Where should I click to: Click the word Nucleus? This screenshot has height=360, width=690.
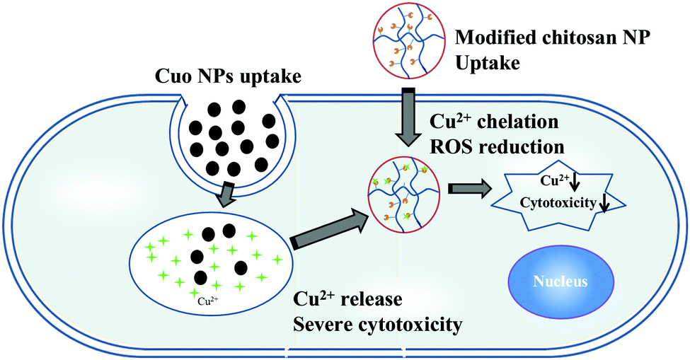[x=560, y=281]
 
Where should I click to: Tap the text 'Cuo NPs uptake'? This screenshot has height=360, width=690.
[x=228, y=76]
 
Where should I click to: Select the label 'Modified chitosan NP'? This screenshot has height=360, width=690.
[x=552, y=37]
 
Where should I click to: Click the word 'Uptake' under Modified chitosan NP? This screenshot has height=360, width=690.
[x=488, y=63]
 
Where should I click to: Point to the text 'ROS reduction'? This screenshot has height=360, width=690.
[x=498, y=147]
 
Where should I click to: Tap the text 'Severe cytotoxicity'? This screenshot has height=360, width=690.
[x=378, y=325]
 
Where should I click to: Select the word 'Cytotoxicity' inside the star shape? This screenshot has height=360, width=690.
[x=558, y=203]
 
